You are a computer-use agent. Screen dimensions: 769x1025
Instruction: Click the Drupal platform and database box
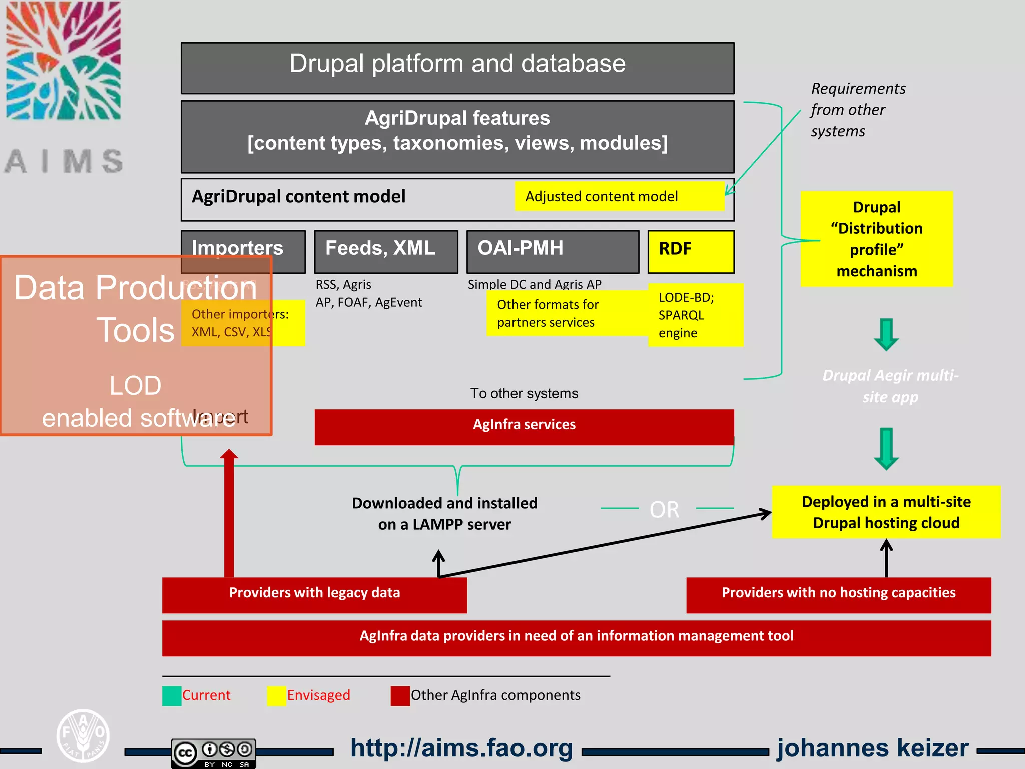pyautogui.click(x=457, y=68)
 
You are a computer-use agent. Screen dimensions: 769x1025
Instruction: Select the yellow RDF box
pyautogui.click(x=691, y=251)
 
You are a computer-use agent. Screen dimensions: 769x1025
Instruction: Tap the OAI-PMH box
pyautogui.click(x=553, y=251)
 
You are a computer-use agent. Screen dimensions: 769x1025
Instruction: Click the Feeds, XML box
pyautogui.click(x=386, y=251)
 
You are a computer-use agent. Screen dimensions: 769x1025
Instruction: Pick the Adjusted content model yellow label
pyautogui.click(x=619, y=196)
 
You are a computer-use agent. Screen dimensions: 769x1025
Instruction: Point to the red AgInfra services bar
pyautogui.click(x=524, y=426)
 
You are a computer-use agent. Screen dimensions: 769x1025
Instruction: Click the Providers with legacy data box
pyautogui.click(x=314, y=595)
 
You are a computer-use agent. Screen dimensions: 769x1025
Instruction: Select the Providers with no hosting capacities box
pyautogui.click(x=838, y=595)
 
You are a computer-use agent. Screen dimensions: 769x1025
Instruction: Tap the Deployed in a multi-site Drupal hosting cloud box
pyautogui.click(x=886, y=512)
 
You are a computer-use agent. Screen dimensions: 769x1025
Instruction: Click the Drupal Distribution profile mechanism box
pyautogui.click(x=876, y=239)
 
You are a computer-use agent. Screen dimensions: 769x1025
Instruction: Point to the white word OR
pyautogui.click(x=664, y=510)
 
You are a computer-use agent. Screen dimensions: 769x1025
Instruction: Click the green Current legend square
pyautogui.click(x=172, y=696)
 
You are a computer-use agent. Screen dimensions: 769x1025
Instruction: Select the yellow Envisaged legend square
pyautogui.click(x=276, y=696)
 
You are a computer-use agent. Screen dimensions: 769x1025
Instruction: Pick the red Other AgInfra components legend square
pyautogui.click(x=400, y=696)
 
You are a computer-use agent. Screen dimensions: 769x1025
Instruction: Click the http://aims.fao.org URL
pyautogui.click(x=461, y=748)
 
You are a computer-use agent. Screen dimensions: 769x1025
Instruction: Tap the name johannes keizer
pyautogui.click(x=873, y=748)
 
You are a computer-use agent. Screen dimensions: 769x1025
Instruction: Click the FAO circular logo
pyautogui.click(x=83, y=735)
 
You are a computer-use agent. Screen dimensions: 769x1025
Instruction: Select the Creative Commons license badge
pyautogui.click(x=214, y=753)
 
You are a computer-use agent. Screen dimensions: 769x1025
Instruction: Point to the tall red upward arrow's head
pyautogui.click(x=229, y=455)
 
